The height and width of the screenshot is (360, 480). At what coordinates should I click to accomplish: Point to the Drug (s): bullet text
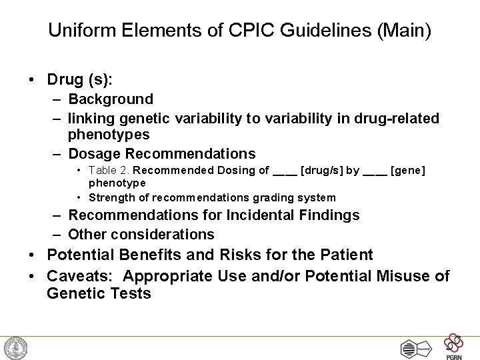click(x=80, y=79)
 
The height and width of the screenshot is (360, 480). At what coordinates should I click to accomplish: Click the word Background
click(x=111, y=99)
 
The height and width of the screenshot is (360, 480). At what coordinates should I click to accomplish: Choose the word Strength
click(x=111, y=197)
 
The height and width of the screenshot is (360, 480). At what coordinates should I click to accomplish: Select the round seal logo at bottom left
click(x=15, y=348)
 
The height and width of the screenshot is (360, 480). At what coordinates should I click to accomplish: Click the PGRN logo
click(x=455, y=345)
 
